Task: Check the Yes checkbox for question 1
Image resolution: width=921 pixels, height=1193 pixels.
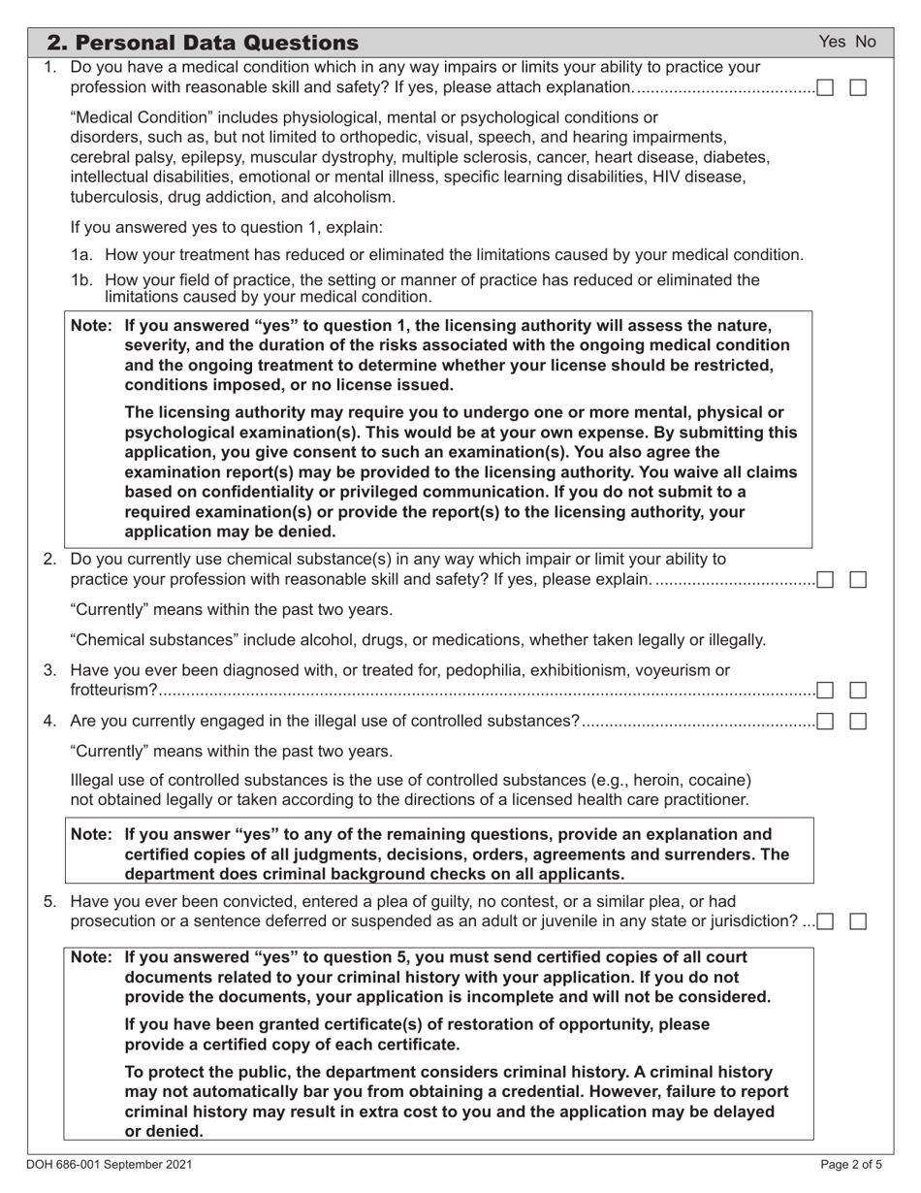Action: [825, 88]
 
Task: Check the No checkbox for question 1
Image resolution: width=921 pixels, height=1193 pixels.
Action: [858, 88]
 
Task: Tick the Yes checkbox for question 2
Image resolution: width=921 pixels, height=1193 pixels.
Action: [825, 580]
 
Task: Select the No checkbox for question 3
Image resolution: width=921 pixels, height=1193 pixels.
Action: [858, 691]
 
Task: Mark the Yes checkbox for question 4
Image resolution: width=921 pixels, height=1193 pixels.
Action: [825, 721]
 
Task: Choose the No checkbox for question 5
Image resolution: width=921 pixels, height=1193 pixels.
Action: [858, 921]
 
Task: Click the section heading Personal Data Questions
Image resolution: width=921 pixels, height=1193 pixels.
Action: [203, 43]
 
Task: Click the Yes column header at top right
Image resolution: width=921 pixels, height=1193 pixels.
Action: [833, 42]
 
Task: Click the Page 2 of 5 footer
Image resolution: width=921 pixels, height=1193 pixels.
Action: [846, 1164]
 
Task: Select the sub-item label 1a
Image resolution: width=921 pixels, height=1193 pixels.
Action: [83, 255]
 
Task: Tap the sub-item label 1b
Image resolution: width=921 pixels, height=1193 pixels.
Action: [83, 280]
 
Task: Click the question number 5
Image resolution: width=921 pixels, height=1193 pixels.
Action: [50, 902]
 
